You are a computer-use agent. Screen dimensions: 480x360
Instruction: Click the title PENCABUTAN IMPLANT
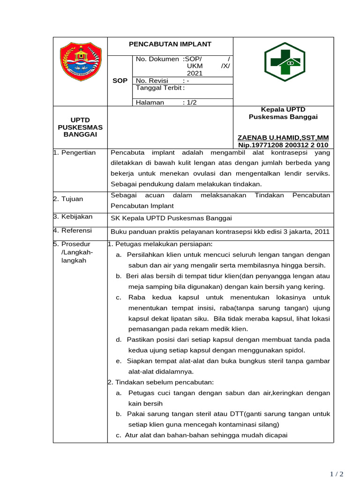click(170, 44)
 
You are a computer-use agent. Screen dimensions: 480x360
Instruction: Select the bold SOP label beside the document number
click(120, 81)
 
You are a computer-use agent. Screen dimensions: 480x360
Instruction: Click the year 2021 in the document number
click(195, 73)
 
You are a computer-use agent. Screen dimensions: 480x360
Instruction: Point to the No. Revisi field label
click(151, 81)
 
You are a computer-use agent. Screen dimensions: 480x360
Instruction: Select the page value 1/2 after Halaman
click(190, 103)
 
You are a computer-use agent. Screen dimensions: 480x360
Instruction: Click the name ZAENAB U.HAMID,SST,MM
click(283, 137)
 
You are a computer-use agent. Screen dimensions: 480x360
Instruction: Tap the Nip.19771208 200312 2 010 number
click(283, 145)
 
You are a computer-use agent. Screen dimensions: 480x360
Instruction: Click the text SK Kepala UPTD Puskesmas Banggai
click(171, 218)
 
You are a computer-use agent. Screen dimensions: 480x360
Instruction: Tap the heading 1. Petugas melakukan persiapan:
click(160, 244)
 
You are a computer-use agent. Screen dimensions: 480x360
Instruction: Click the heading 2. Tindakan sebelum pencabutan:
click(160, 382)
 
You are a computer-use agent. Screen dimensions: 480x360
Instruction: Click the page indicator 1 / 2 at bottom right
click(337, 474)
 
